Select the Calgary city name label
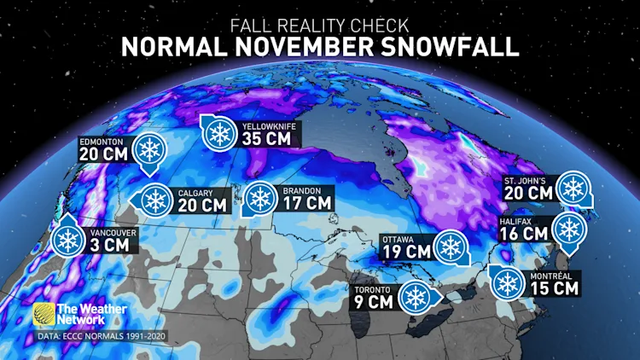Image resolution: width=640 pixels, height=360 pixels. [190, 192]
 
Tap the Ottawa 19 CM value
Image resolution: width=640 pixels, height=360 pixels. [406, 251]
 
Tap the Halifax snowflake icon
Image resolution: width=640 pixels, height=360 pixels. [567, 228]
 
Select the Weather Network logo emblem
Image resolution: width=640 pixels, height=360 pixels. [44, 315]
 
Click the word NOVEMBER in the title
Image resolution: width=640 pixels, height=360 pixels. [320, 46]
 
